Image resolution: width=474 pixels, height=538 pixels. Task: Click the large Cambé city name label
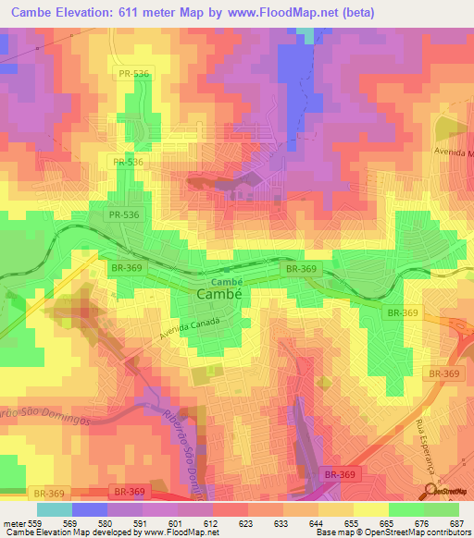coord(220,293)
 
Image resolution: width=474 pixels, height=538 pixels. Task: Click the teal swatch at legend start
coord(54,509)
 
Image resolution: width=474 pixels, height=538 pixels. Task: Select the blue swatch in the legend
coord(89,509)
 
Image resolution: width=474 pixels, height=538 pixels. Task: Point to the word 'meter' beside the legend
coord(11,522)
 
